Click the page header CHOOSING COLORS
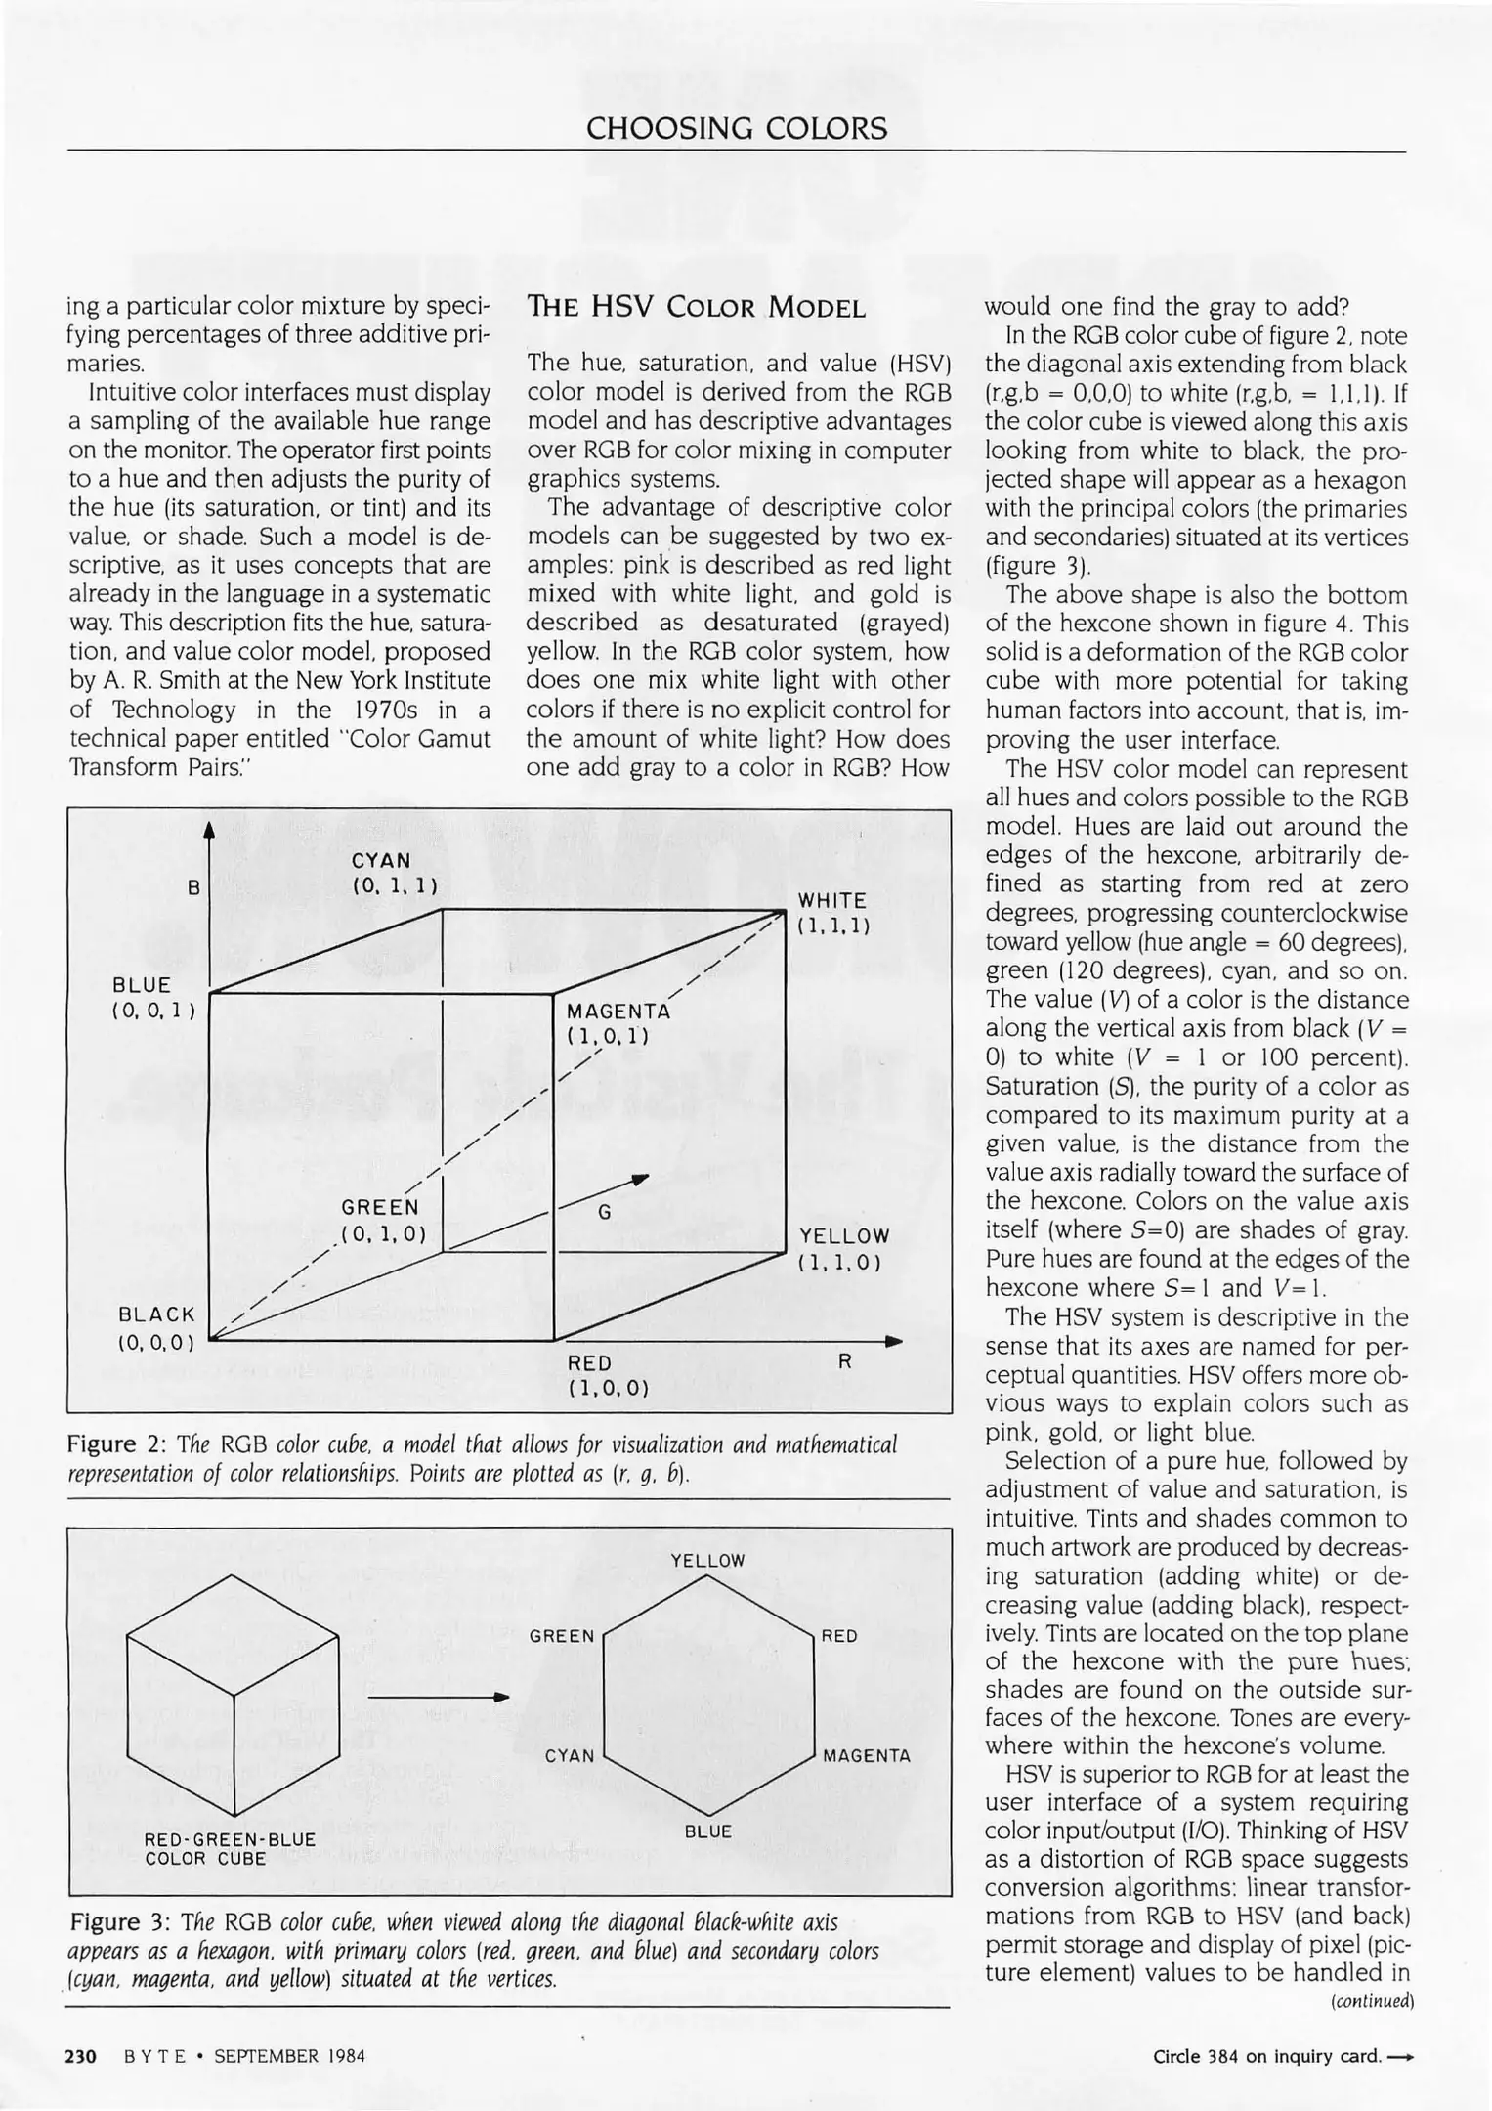(737, 128)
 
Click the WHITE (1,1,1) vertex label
(832, 913)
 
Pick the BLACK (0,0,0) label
(156, 1327)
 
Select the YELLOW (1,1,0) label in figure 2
(844, 1249)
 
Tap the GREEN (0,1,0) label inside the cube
(381, 1221)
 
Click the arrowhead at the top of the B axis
(209, 830)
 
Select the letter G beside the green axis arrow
(605, 1212)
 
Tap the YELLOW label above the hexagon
(707, 1561)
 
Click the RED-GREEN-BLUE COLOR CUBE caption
(230, 1849)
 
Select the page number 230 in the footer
(80, 2056)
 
